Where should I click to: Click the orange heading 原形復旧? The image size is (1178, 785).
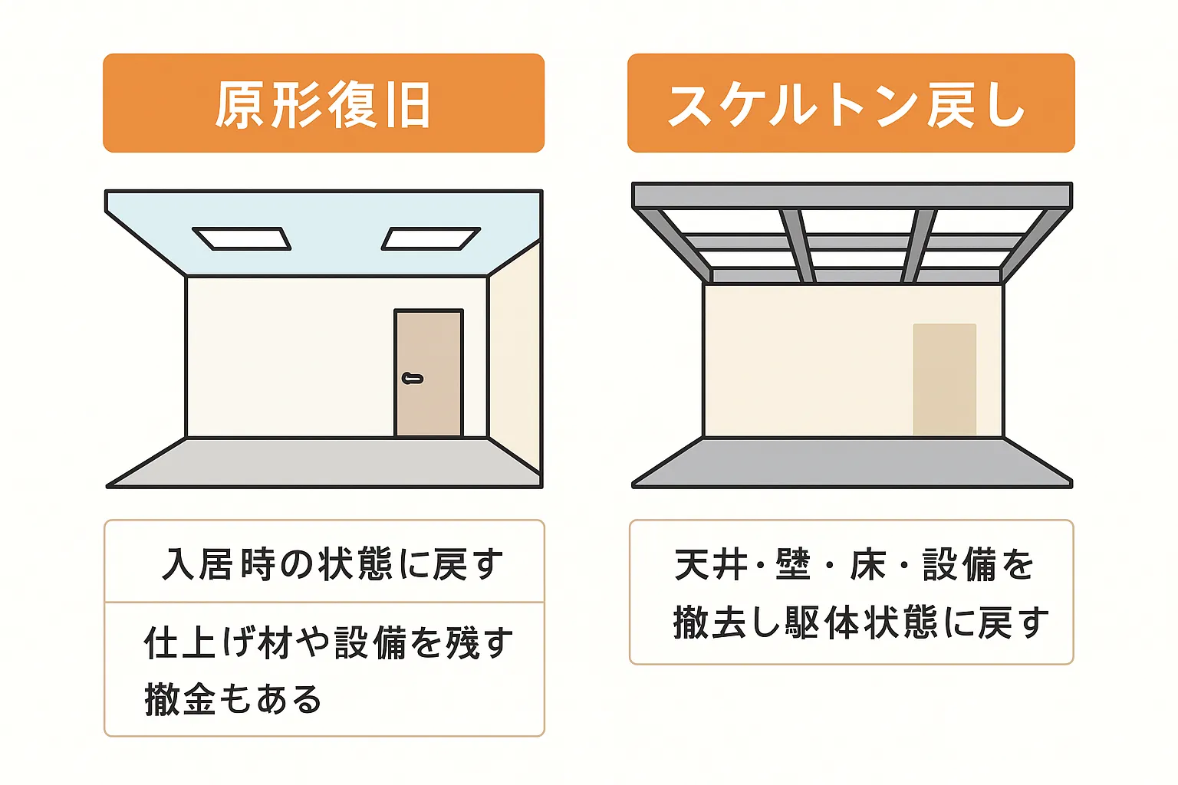coord(324,103)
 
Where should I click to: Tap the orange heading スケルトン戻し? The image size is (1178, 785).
coord(847,105)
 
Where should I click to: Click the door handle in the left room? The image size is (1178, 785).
coord(413,379)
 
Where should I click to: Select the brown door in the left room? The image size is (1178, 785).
coord(429,373)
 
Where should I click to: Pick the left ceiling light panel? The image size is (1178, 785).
coord(242,238)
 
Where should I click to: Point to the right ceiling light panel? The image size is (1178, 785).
coord(431,238)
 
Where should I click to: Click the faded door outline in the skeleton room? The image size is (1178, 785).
coord(945,379)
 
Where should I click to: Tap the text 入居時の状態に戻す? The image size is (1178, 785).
coord(333,563)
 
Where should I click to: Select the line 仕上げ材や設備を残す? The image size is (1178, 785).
coord(328,642)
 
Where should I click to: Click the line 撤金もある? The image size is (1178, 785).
coord(233,699)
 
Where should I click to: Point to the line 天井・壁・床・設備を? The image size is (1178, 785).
coord(854,564)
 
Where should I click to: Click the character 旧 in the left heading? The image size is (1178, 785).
coord(409,105)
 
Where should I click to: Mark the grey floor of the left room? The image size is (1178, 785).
coord(324,461)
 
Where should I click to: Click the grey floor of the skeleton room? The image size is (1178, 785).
coord(852,461)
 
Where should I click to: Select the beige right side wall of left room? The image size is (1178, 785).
coord(515,356)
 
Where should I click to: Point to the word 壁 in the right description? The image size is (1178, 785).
coord(793,564)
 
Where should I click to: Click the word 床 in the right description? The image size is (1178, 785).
coord(867,564)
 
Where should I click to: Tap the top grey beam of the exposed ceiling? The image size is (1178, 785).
coord(852,195)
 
